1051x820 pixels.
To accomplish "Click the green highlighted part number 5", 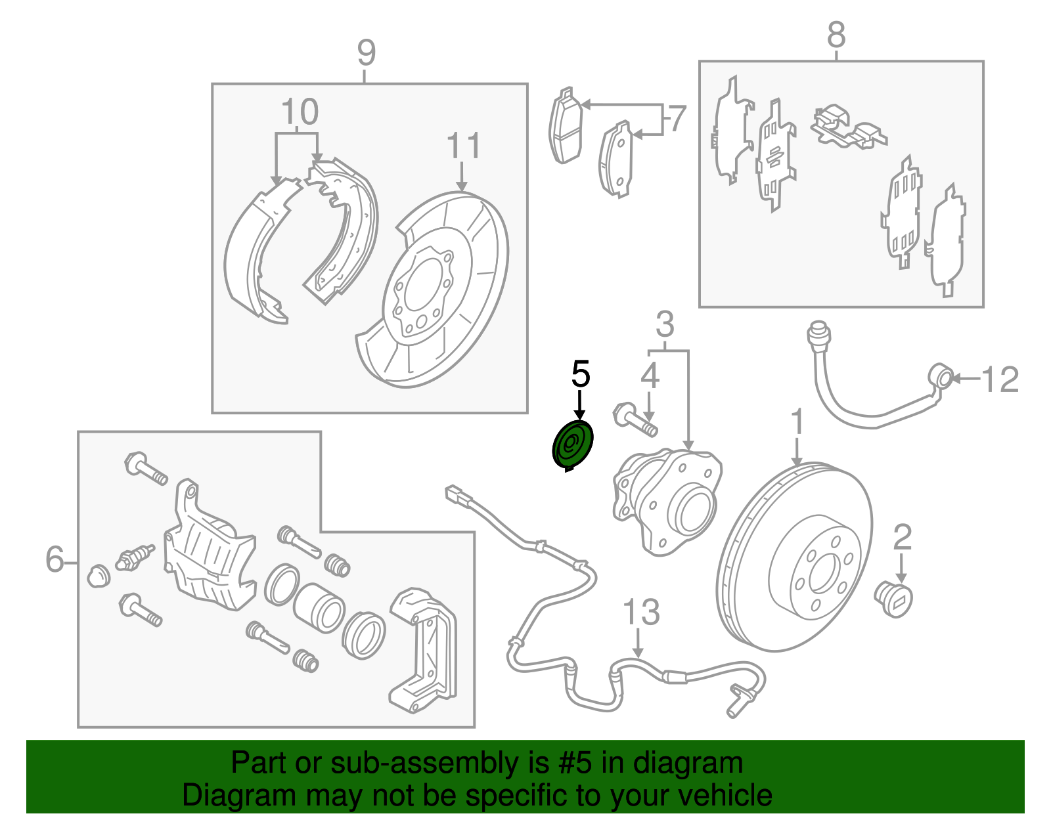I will (x=572, y=444).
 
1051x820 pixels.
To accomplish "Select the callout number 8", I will (x=836, y=35).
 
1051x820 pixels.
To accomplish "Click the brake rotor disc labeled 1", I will (x=795, y=558).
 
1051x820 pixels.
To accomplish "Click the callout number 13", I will (x=640, y=613).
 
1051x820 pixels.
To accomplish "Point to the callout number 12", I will (x=999, y=380).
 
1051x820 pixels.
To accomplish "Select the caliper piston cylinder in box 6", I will (x=319, y=607).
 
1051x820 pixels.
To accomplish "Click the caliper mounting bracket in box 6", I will (x=424, y=650).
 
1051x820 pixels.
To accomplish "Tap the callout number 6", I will (x=55, y=559).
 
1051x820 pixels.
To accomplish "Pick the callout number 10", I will (x=300, y=112).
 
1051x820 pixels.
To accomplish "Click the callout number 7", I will (x=677, y=119).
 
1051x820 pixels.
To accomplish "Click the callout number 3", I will (x=665, y=324).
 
